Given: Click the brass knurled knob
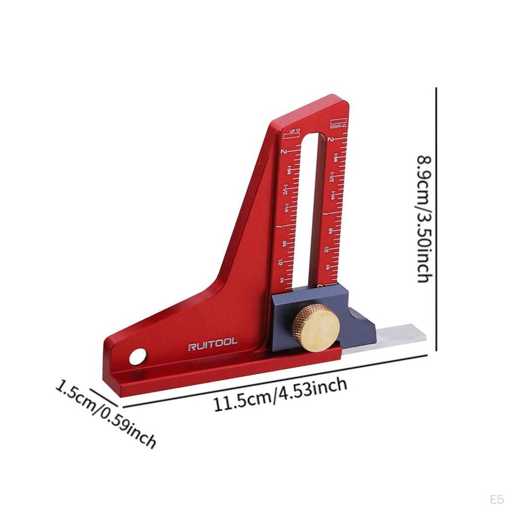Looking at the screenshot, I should [x=315, y=328].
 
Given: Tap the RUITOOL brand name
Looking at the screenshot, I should [x=212, y=343].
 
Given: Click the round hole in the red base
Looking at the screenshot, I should [x=139, y=355].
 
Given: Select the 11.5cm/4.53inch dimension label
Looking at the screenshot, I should [x=280, y=395].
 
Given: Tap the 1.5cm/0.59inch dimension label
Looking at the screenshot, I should [x=105, y=413].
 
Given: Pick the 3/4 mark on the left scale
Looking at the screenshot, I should [x=283, y=244].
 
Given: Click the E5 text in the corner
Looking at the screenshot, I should [x=497, y=497].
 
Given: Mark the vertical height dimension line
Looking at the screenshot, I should [x=436, y=218].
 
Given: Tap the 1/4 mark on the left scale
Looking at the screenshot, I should [x=282, y=281].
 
